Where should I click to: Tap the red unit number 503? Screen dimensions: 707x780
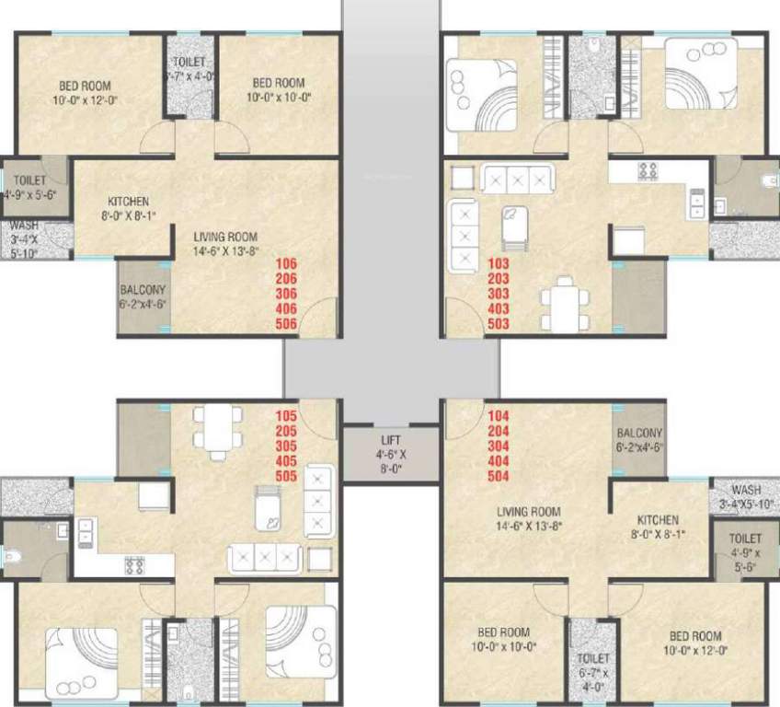click(x=498, y=323)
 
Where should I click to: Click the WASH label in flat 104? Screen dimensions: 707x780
click(x=745, y=490)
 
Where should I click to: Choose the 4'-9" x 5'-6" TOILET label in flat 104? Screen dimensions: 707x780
click(x=745, y=538)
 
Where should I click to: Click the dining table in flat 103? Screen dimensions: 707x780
click(x=563, y=299)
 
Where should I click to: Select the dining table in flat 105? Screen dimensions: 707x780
click(x=217, y=428)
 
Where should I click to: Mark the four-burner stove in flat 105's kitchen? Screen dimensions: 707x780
click(x=132, y=564)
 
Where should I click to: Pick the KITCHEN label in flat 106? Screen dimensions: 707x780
click(x=128, y=202)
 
